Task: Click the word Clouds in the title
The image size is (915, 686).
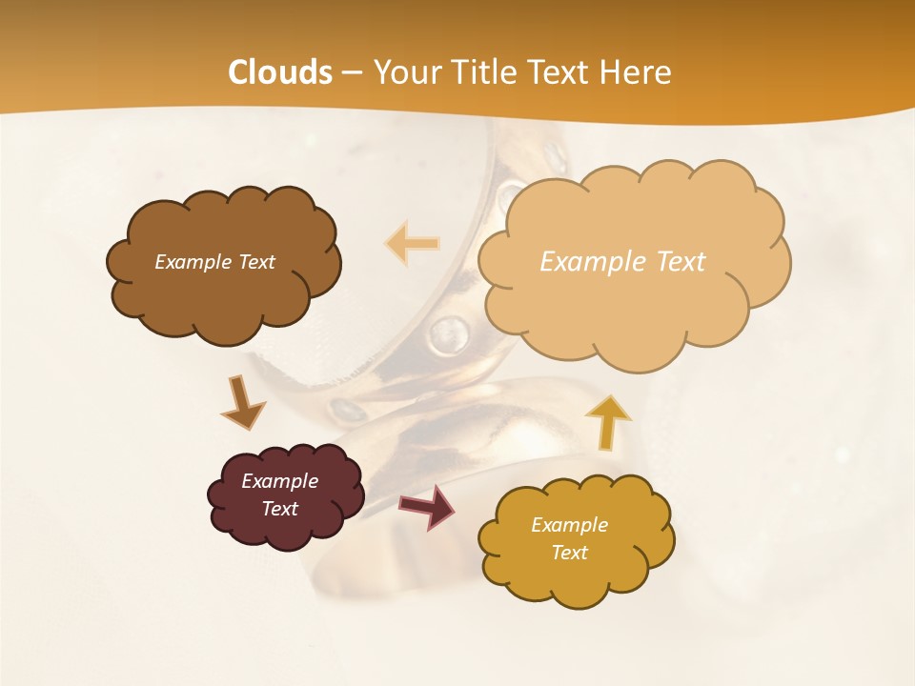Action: pos(280,72)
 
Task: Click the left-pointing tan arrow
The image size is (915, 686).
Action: pos(412,244)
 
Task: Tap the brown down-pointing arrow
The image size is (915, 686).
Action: pos(242,404)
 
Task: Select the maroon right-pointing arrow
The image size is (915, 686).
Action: pos(427,506)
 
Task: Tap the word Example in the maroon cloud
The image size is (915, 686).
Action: pos(279,481)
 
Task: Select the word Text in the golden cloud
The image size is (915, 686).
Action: pos(569,553)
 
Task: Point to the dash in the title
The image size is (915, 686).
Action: pos(351,73)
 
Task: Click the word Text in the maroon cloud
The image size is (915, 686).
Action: pos(279,509)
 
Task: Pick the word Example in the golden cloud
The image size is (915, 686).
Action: pos(569,525)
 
